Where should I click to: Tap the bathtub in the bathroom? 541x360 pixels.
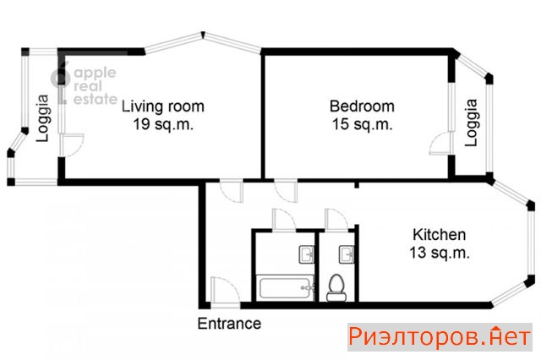[287, 286]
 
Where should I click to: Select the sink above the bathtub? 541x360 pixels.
[306, 254]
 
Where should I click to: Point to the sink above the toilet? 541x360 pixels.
[347, 254]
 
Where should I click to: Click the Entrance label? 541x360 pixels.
[229, 324]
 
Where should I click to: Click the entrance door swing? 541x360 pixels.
[225, 292]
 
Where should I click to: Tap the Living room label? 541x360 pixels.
[163, 106]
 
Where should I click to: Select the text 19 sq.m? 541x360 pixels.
[163, 124]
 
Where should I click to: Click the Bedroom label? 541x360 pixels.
[362, 106]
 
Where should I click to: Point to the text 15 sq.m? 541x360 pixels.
[362, 124]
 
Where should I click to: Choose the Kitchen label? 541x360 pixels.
[440, 234]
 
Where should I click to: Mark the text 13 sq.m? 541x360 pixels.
[440, 253]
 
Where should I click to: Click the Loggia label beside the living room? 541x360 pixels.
[43, 118]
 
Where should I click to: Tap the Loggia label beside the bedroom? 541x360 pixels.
[471, 123]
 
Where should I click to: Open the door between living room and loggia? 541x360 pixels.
[71, 145]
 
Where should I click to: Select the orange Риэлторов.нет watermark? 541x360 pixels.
[440, 337]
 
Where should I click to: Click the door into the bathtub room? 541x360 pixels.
[284, 220]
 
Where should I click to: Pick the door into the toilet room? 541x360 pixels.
[336, 220]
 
